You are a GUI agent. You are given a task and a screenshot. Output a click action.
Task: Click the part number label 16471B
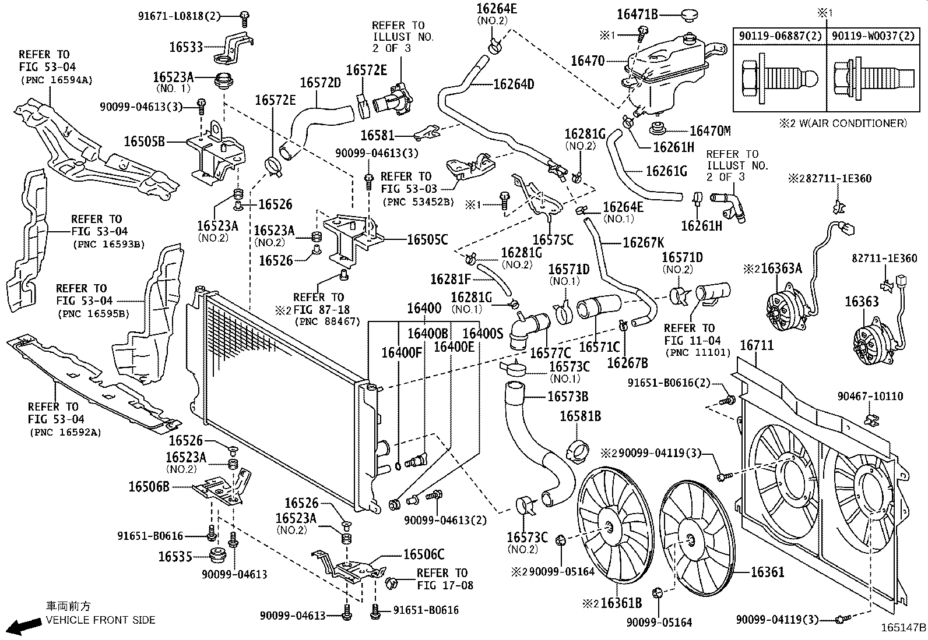(637, 15)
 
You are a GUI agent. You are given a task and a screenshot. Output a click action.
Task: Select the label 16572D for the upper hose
(320, 83)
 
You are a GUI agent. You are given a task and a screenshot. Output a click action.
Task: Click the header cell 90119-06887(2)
(780, 36)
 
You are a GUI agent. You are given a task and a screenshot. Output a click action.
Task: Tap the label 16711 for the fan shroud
(757, 345)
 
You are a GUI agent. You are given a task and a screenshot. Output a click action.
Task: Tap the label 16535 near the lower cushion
(175, 557)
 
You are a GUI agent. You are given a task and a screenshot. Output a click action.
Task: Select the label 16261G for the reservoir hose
(666, 171)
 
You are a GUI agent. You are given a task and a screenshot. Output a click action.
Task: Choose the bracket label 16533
(186, 47)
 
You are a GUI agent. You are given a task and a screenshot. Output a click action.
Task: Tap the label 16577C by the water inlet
(550, 353)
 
